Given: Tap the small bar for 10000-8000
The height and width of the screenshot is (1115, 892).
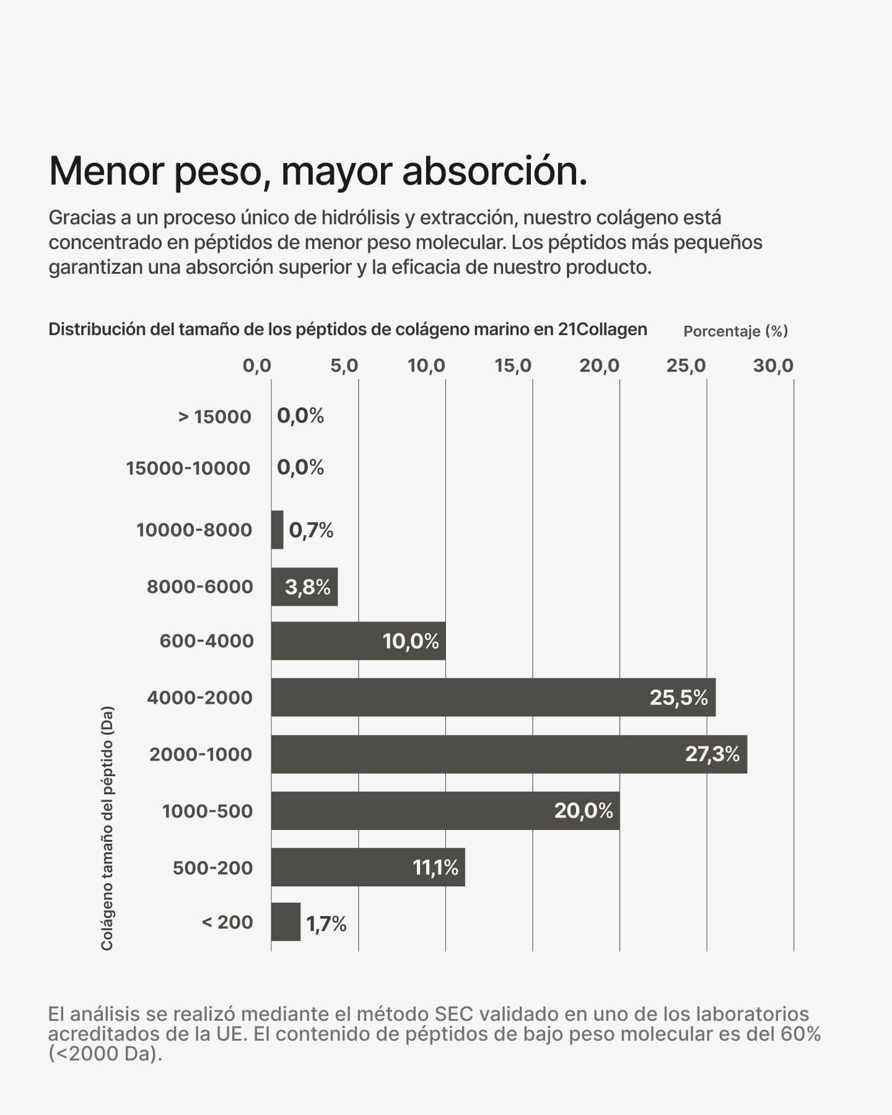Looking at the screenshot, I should pos(277,530).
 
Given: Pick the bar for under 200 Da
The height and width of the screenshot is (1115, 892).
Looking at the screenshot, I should pos(286,922).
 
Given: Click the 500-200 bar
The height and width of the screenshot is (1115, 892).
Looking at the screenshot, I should pos(367,867).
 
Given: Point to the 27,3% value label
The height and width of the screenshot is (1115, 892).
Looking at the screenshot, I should pos(712,754).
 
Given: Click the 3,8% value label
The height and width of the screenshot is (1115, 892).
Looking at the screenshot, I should pos(307,587).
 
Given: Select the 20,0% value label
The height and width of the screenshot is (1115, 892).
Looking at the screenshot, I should pos(583,810).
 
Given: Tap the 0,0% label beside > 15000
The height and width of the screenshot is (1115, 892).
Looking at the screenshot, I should pos(300,416).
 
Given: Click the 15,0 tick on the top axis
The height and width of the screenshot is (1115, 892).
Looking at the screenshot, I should pos(513,366).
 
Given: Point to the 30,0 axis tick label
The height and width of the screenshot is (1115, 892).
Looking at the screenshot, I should pos(773,366).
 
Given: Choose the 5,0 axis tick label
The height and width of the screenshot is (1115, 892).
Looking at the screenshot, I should pos(344,366).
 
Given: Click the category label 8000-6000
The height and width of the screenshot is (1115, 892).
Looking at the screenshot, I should pos(199,587).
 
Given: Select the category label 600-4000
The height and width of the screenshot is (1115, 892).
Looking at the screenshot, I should pos(206,641).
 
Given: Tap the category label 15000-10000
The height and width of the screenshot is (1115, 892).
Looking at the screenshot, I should pos(188,468).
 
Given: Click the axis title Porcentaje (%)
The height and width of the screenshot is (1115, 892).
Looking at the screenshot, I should pos(735,331).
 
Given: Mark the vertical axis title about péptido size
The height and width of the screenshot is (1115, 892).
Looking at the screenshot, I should pos(107,828).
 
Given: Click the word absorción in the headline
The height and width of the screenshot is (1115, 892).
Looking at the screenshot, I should pos(494,170).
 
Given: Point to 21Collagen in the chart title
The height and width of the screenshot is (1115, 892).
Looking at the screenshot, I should pos(602,329).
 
